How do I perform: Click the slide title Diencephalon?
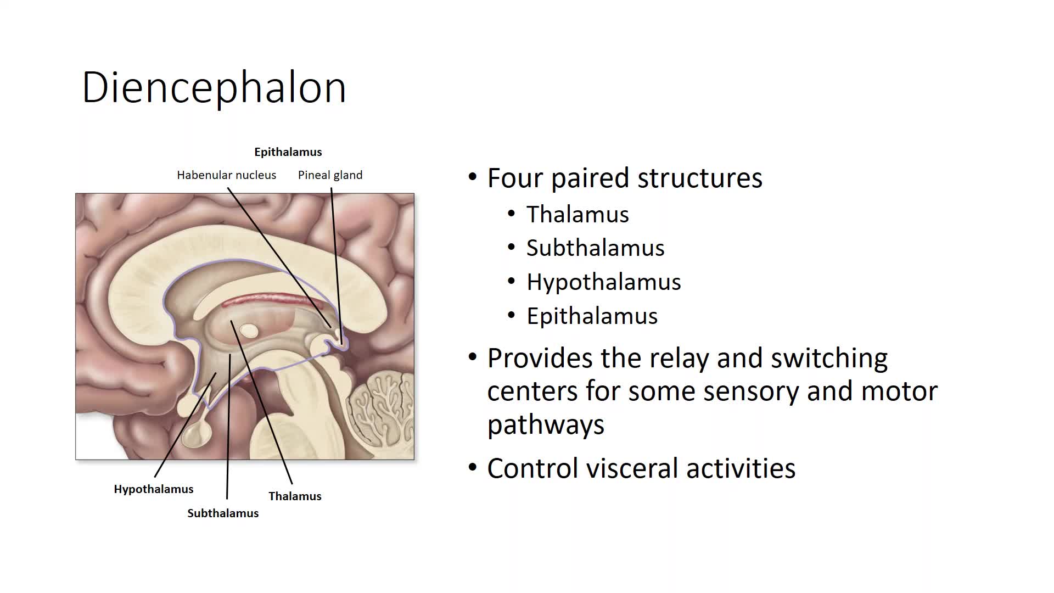pos(214,88)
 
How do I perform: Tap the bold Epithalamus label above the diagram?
pos(288,152)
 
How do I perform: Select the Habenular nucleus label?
pos(226,175)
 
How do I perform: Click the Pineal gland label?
pos(330,175)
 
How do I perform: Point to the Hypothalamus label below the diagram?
pos(154,489)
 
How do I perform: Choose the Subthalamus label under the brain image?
pos(223,513)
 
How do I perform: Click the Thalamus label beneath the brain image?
pos(295,496)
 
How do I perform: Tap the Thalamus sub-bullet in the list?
pos(578,214)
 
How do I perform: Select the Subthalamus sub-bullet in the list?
pos(596,248)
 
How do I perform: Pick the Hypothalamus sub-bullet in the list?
pos(604,282)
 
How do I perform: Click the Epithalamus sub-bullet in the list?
pos(592,316)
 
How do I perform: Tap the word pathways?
pos(546,425)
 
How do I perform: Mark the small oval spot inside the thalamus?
pos(249,331)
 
